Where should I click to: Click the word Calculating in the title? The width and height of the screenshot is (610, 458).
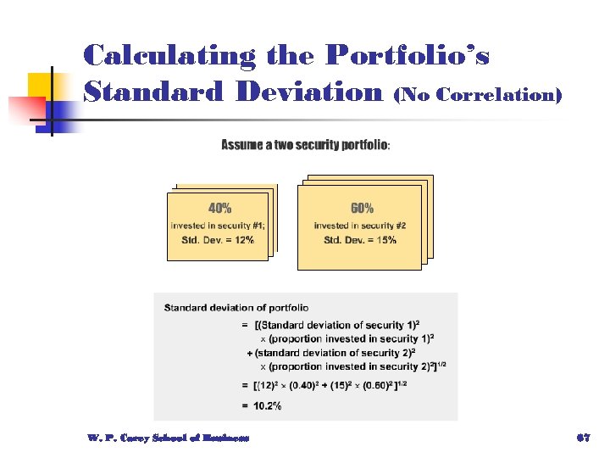point(169,56)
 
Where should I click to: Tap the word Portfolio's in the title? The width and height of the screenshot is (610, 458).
point(408,56)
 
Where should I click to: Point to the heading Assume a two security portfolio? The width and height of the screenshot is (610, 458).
point(306,145)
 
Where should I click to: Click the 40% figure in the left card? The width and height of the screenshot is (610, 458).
point(219,208)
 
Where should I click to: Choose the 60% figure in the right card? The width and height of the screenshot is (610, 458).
point(362,208)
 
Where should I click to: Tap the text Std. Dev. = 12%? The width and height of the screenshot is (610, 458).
point(218,240)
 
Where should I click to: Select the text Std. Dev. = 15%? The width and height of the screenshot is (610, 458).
point(360,240)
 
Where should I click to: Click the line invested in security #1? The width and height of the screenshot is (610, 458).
point(218,225)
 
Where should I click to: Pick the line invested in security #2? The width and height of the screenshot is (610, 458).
point(360,225)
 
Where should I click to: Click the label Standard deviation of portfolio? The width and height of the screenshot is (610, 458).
point(236,308)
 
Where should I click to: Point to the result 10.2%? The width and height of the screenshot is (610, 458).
point(263,406)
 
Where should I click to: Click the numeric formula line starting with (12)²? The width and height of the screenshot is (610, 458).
point(343,386)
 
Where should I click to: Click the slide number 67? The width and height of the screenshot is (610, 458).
point(582,438)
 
